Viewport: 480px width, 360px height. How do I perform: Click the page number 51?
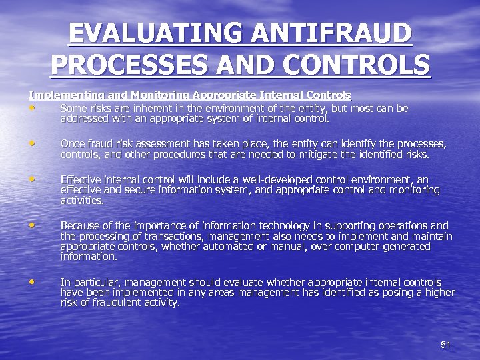446,345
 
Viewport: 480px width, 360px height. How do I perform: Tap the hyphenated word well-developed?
284,180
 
